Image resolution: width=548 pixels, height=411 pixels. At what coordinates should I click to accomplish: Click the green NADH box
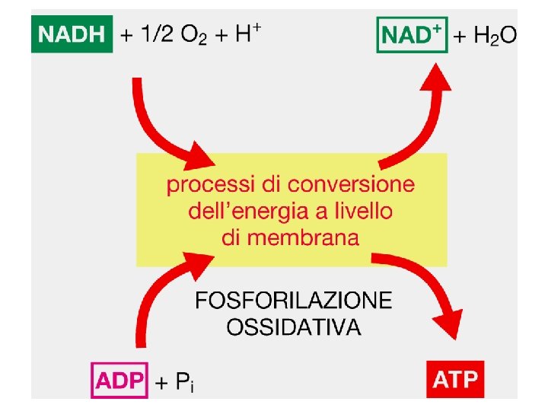point(72,35)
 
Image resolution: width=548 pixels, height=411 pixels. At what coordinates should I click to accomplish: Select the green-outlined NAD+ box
point(412,35)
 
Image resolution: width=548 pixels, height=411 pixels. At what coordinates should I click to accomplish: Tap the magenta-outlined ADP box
point(120,378)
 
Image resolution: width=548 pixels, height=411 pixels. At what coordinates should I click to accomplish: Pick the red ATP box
point(456,379)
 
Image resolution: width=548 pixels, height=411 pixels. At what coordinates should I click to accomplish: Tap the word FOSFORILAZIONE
point(294,301)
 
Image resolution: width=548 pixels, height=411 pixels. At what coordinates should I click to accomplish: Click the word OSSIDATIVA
point(294,327)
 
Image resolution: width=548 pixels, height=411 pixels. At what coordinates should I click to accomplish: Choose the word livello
point(364,211)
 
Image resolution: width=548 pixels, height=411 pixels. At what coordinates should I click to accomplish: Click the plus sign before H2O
point(460,36)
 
